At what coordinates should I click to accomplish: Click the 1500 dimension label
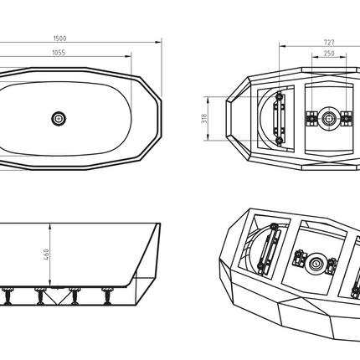point(59,39)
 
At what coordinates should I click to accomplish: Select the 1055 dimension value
point(59,53)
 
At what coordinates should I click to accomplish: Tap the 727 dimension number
point(329,43)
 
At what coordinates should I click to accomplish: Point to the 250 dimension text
point(329,53)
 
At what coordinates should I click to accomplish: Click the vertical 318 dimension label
point(204,118)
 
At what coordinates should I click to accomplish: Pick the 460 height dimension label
point(46,255)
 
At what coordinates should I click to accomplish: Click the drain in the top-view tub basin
point(59,119)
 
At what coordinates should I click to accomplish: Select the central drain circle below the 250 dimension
point(329,119)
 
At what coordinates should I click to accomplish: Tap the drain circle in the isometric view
point(316,263)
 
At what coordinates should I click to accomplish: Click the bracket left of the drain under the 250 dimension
point(311,119)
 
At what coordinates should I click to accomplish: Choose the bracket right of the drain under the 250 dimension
point(347,119)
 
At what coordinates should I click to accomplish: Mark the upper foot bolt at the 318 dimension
point(279,96)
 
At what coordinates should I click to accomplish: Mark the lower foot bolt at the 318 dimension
point(279,141)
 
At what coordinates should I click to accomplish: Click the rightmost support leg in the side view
point(107,296)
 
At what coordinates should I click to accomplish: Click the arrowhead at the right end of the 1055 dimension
point(128,56)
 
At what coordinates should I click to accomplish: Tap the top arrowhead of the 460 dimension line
point(50,226)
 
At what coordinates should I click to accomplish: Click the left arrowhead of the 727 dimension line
point(282,46)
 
